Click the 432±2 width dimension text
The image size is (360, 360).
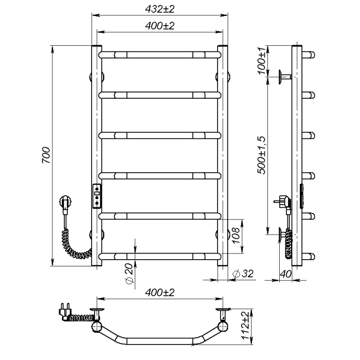pyautogui.click(x=160, y=9)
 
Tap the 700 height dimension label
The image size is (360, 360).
pyautogui.click(x=46, y=155)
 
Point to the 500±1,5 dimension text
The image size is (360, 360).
pyautogui.click(x=261, y=155)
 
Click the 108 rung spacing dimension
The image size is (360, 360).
pyautogui.click(x=236, y=236)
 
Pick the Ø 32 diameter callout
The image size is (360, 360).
pyautogui.click(x=243, y=274)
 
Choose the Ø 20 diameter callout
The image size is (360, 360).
pyautogui.click(x=130, y=274)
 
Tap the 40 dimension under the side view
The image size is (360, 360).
pyautogui.click(x=285, y=274)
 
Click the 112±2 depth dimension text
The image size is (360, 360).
pyautogui.click(x=245, y=326)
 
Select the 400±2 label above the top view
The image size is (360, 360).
pyautogui.click(x=160, y=293)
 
